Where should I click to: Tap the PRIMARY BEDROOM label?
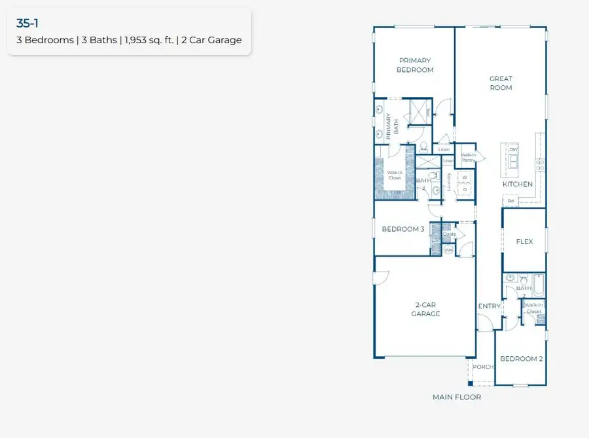[x=416, y=65]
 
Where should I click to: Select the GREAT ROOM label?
[x=501, y=83]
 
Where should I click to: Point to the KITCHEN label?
[x=517, y=185]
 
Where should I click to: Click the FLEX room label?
[x=524, y=242]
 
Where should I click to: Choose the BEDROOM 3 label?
[x=403, y=229]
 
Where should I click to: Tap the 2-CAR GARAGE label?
[x=425, y=310]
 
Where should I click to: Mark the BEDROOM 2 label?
[x=521, y=359]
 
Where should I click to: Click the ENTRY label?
[x=489, y=306]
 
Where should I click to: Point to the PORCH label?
[x=483, y=367]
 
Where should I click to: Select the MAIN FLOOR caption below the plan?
[x=456, y=397]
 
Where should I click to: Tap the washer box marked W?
[x=465, y=177]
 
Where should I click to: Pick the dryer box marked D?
[x=465, y=190]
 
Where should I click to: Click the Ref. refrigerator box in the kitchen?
[x=511, y=201]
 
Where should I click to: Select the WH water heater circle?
[x=449, y=250]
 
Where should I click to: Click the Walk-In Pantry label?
[x=469, y=157]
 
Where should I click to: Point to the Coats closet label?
[x=450, y=234]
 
